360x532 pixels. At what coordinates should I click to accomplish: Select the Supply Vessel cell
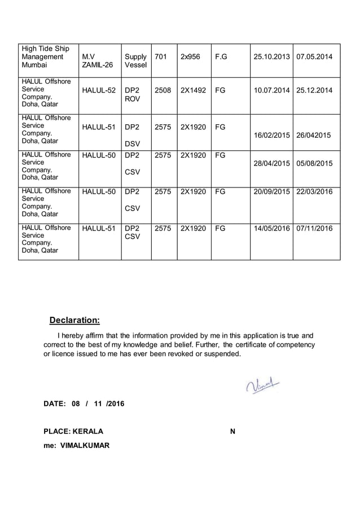click(x=135, y=61)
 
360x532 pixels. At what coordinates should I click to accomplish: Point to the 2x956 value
click(x=190, y=57)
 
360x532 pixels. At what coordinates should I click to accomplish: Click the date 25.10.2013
click(x=271, y=57)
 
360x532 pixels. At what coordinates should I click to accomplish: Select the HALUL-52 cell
click(x=99, y=90)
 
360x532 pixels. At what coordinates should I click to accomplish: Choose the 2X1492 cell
click(x=193, y=90)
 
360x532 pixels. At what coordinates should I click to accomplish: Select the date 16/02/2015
click(x=271, y=136)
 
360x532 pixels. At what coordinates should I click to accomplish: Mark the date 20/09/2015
click(x=271, y=192)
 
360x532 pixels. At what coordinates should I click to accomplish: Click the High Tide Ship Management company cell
click(x=45, y=57)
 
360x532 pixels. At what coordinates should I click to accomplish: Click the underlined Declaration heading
click(x=74, y=321)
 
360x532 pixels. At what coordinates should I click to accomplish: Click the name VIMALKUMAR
click(x=85, y=446)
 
